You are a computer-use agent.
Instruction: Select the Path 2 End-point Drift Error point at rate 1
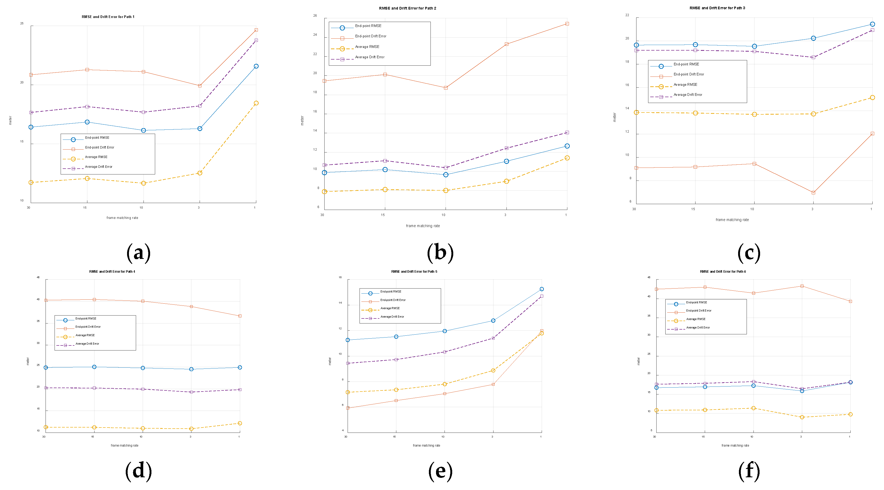tap(567, 24)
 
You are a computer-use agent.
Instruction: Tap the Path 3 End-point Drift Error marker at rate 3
tap(813, 193)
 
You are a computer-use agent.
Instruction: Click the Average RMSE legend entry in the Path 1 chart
tap(96, 157)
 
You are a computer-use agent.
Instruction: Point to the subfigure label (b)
tap(440, 253)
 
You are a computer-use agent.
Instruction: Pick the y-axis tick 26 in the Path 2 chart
tap(315, 15)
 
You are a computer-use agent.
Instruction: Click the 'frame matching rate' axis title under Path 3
tap(732, 220)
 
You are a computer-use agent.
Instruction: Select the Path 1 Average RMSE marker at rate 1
tap(256, 103)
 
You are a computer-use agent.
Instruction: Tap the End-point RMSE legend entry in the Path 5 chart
tap(391, 292)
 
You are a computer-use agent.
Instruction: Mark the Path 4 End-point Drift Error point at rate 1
tap(240, 316)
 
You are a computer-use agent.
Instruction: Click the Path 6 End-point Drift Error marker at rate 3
tap(802, 286)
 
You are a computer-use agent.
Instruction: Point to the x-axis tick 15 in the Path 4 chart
tap(93, 437)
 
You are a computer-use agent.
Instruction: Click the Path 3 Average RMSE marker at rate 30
tap(636, 113)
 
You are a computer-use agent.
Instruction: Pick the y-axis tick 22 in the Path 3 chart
tap(627, 15)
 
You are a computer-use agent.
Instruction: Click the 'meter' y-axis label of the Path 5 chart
tap(330, 361)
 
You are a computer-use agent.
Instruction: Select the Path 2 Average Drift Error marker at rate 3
tap(506, 148)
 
